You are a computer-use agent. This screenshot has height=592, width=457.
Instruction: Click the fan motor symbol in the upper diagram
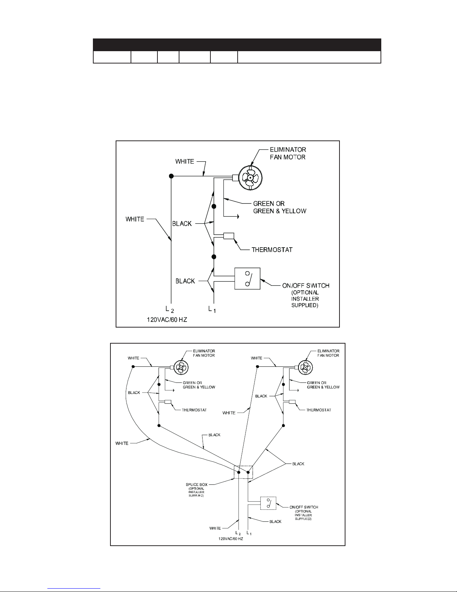(251, 178)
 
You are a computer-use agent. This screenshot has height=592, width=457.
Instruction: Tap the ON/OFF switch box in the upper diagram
(247, 278)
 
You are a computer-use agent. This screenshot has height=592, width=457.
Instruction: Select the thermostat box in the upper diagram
(229, 236)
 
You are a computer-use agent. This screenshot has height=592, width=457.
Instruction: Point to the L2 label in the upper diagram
(170, 309)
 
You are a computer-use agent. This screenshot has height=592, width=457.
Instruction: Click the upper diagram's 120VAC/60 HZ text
(167, 320)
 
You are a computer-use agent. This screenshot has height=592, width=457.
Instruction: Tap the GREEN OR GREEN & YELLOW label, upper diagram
(280, 207)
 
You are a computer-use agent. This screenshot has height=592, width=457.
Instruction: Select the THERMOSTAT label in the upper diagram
(272, 250)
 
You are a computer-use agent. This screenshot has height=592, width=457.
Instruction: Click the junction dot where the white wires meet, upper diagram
(171, 176)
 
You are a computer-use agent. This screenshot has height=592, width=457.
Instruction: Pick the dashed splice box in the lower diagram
(244, 472)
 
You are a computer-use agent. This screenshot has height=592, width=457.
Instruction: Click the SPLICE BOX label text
(196, 485)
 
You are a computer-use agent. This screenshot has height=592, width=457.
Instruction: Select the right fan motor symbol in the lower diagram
(305, 368)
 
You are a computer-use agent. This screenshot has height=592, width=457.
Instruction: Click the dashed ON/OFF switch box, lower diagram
(268, 503)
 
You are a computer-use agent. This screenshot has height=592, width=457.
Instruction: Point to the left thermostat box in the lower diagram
(168, 402)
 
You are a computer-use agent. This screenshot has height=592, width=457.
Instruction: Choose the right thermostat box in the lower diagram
(292, 402)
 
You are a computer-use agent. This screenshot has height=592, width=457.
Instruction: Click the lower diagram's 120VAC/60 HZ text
(231, 539)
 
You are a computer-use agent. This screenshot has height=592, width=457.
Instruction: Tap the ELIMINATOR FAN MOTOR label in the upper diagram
(288, 154)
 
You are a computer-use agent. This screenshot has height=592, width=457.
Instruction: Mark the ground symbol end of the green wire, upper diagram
(238, 217)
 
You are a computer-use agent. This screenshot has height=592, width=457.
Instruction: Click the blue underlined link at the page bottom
(74, 588)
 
